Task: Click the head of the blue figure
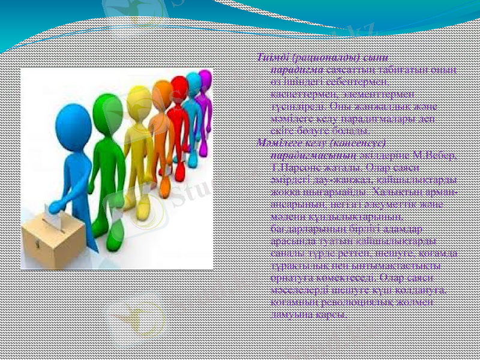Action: point(73,122)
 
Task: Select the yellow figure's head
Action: point(139,98)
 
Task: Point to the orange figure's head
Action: point(162,91)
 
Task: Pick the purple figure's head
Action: point(205,79)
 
